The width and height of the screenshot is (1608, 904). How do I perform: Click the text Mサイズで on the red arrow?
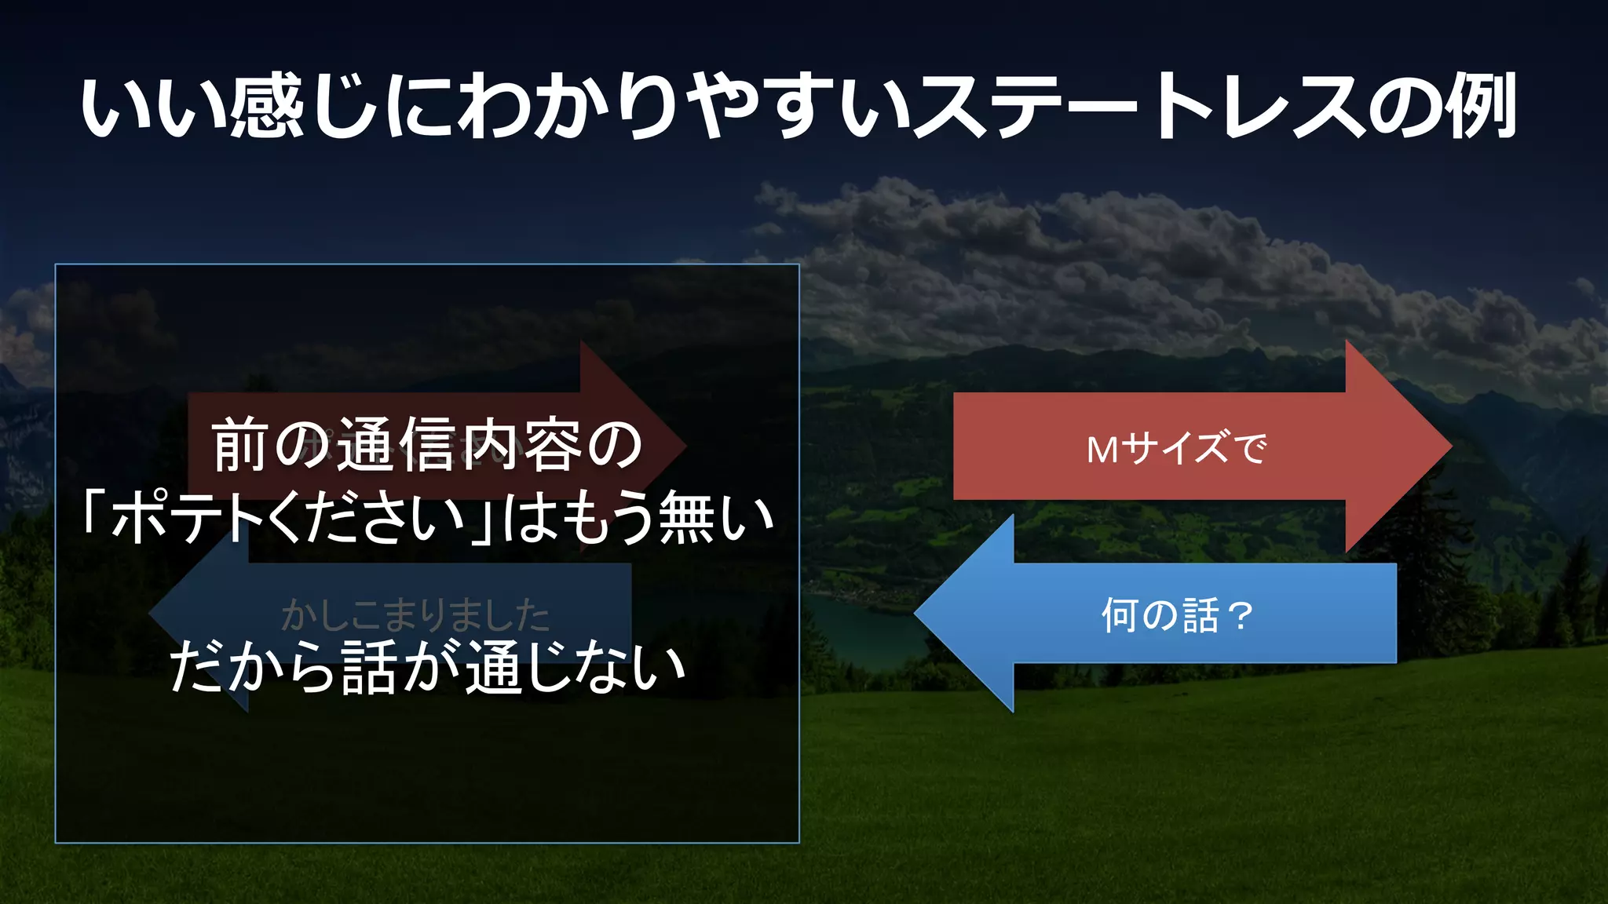pos(1176,448)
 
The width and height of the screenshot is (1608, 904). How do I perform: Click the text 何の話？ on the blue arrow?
pos(1176,614)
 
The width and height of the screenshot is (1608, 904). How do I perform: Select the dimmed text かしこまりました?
pos(415,614)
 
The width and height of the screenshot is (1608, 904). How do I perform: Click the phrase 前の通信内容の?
pos(428,446)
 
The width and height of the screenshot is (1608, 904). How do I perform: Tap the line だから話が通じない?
pos(428,668)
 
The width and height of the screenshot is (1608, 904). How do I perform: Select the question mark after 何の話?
pos(1241,615)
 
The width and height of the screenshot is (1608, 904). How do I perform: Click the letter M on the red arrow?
pos(1102,450)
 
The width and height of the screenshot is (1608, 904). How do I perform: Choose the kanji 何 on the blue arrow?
pos(1120,614)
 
